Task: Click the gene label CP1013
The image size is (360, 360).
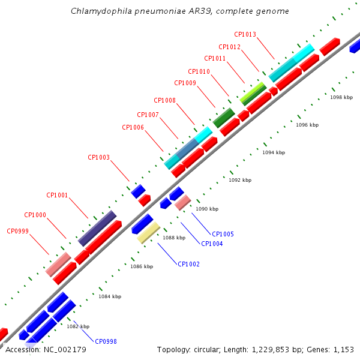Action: pyautogui.click(x=245, y=34)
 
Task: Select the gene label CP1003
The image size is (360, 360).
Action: pyautogui.click(x=99, y=157)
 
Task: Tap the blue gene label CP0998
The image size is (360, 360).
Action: pyautogui.click(x=106, y=341)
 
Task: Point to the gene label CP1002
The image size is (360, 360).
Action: pyautogui.click(x=189, y=264)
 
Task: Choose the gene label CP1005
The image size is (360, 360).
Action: pyautogui.click(x=223, y=234)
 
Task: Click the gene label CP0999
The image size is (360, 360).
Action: pyautogui.click(x=17, y=231)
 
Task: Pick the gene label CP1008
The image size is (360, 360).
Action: pyautogui.click(x=164, y=100)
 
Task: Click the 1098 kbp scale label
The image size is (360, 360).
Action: pyautogui.click(x=341, y=97)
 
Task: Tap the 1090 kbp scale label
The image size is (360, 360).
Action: pyautogui.click(x=207, y=209)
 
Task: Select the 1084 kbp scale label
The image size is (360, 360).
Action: pyautogui.click(x=110, y=296)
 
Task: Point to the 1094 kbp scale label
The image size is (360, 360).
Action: pyautogui.click(x=274, y=152)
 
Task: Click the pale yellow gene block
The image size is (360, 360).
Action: pyautogui.click(x=149, y=233)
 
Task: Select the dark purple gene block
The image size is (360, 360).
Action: pyautogui.click(x=97, y=228)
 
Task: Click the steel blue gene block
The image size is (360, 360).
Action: pyautogui.click(x=187, y=148)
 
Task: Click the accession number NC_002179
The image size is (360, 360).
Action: pyautogui.click(x=65, y=350)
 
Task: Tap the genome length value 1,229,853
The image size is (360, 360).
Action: pyautogui.click(x=271, y=350)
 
